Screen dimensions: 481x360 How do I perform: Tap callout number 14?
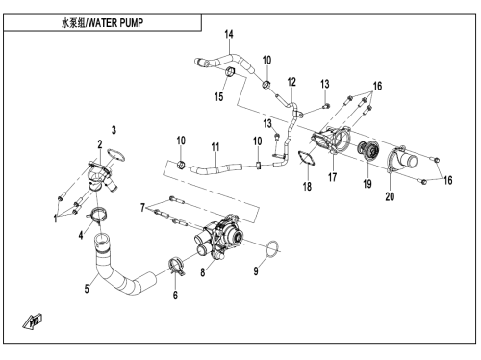coord(229,34)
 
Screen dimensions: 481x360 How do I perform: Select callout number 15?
coord(218,96)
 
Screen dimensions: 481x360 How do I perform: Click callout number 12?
coord(291,82)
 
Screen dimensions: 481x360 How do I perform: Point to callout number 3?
coord(114,130)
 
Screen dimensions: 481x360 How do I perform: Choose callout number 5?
coord(87,289)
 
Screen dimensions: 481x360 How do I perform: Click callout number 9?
coord(256,271)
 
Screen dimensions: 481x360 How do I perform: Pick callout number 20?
coord(390,196)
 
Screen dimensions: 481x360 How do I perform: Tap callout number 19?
coord(367,184)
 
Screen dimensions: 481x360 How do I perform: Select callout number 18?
coord(307,186)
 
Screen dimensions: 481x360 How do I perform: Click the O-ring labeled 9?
coord(273,248)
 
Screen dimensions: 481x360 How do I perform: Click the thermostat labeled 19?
coord(367,150)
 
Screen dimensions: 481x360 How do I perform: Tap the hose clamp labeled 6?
coord(176,266)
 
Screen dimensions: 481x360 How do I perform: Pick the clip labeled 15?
coord(230,72)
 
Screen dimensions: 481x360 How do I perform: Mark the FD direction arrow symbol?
coord(33,321)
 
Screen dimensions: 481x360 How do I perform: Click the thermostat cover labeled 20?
coord(401,160)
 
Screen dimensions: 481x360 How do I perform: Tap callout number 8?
coord(203,272)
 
